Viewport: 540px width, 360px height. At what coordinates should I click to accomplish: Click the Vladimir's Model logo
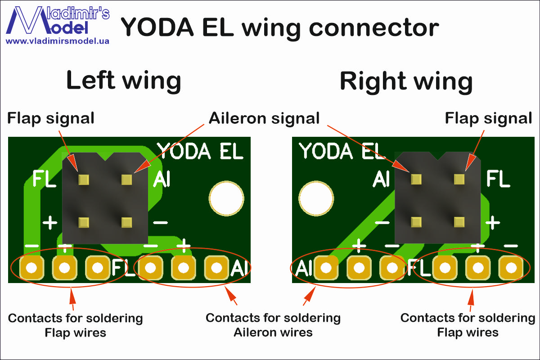pos(58,21)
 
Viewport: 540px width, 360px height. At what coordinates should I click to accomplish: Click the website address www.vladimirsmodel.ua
pos(58,41)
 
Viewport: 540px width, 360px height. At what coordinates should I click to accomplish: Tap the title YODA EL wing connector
pos(279,28)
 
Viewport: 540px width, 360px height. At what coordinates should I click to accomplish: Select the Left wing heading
pos(123,80)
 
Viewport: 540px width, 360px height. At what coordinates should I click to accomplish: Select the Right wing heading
pos(406,82)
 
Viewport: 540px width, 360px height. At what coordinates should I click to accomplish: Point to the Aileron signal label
pos(264,118)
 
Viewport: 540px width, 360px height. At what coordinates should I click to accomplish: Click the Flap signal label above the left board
pos(50,118)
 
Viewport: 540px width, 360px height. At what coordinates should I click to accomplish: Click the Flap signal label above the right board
pos(488,118)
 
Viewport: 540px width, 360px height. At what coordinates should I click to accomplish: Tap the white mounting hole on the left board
pos(226,198)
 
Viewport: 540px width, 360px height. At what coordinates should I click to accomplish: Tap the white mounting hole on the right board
pos(316,198)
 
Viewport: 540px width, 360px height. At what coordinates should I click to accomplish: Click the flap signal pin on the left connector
pos(84,180)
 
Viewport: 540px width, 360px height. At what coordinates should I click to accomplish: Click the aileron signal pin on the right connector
pos(416,179)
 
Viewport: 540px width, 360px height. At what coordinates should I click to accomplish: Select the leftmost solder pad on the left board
pos(32,268)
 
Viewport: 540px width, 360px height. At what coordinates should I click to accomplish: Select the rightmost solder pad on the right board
pos(511,268)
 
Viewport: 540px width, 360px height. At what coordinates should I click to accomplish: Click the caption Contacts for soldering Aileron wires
pos(273,325)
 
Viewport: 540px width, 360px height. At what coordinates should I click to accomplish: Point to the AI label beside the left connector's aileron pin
pos(162,179)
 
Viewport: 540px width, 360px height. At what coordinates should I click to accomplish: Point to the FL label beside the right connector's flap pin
pos(498,179)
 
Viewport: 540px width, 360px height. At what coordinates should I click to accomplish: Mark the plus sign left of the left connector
pos(50,223)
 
